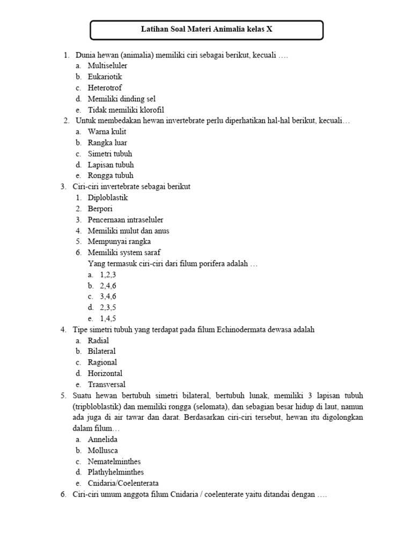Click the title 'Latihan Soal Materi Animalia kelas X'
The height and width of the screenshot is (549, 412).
(x=207, y=29)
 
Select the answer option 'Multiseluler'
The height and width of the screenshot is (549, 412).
(x=107, y=65)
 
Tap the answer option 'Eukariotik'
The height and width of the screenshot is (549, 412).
(x=105, y=77)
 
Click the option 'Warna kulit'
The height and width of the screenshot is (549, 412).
(x=107, y=132)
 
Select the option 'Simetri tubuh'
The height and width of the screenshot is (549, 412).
(x=110, y=154)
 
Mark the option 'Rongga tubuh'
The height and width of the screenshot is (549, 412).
(x=111, y=176)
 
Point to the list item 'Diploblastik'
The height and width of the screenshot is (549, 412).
(x=108, y=198)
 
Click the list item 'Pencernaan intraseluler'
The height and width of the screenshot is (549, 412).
(x=126, y=220)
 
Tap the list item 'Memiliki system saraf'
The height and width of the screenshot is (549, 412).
(x=124, y=253)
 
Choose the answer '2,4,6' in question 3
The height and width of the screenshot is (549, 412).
(x=108, y=286)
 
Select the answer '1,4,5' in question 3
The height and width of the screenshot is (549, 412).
(x=108, y=318)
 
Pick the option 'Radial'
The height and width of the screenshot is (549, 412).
(x=99, y=340)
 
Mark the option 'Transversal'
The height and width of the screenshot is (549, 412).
(x=107, y=384)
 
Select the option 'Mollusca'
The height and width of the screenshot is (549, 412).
(x=103, y=450)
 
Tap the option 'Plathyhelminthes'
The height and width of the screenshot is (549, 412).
(x=115, y=472)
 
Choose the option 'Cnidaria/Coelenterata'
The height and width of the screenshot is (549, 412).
(x=123, y=483)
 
